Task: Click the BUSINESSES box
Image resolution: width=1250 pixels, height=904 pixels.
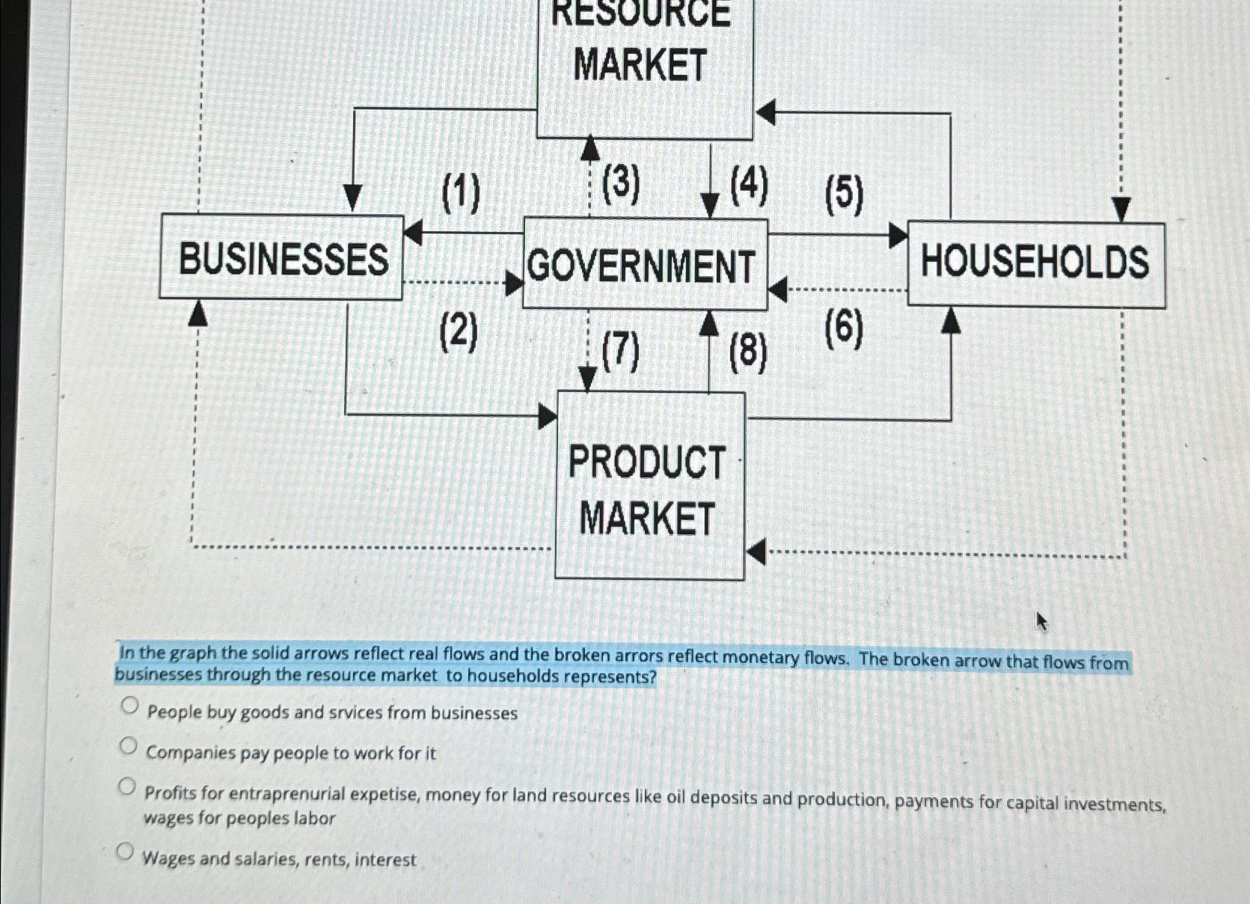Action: pyautogui.click(x=282, y=258)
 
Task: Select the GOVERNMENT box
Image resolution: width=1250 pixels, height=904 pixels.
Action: pyautogui.click(x=644, y=265)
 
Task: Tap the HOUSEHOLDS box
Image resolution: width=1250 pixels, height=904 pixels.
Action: pyautogui.click(x=1035, y=263)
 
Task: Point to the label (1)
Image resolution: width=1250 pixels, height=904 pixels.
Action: pyautogui.click(x=461, y=192)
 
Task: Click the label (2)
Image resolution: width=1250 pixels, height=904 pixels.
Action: pyautogui.click(x=459, y=332)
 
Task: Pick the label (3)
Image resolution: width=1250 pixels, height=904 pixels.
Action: pyautogui.click(x=621, y=184)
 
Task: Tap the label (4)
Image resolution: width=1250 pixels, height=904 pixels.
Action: pyautogui.click(x=749, y=185)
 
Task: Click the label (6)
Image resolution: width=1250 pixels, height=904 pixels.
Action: pyautogui.click(x=844, y=329)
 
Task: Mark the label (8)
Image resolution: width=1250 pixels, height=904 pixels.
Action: pyautogui.click(x=748, y=352)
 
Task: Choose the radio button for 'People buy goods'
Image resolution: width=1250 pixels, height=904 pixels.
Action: pyautogui.click(x=129, y=706)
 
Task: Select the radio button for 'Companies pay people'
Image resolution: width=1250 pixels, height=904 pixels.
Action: pyautogui.click(x=129, y=746)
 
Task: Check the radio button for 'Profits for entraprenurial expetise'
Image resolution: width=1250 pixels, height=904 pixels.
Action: pyautogui.click(x=128, y=787)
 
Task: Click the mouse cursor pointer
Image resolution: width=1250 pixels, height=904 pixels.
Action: pyautogui.click(x=1041, y=620)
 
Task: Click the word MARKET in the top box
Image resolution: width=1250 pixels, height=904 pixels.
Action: pyautogui.click(x=640, y=65)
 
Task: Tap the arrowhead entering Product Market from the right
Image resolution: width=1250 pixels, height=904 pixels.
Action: pyautogui.click(x=756, y=552)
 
